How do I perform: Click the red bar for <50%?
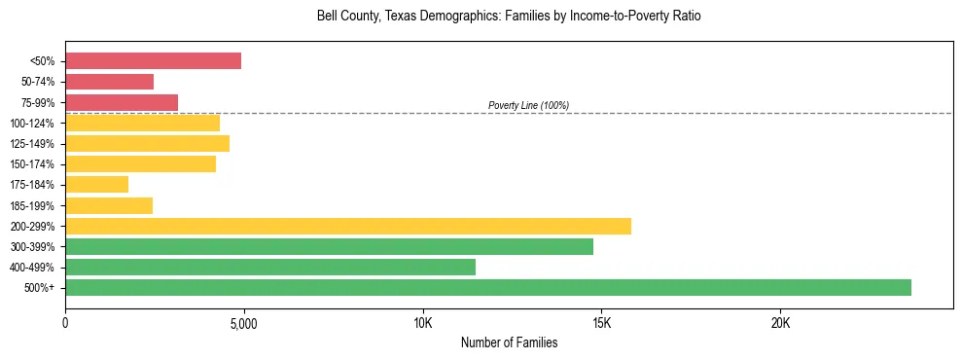coord(153,61)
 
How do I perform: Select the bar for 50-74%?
coord(109,82)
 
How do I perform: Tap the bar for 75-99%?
coord(122,102)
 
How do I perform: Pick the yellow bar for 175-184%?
coord(96,184)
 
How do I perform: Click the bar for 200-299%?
coord(348,226)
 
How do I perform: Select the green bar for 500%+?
coord(488,287)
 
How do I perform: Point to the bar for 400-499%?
coord(270,267)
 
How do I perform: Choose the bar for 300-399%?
coord(329,246)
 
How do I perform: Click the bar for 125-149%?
coord(147,143)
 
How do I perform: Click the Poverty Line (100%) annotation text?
coord(528,105)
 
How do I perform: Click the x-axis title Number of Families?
coord(509,342)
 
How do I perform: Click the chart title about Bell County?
coord(509,17)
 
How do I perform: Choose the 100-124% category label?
coord(32,124)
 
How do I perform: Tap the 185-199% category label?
coord(32,205)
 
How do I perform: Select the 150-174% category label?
coord(32,164)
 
